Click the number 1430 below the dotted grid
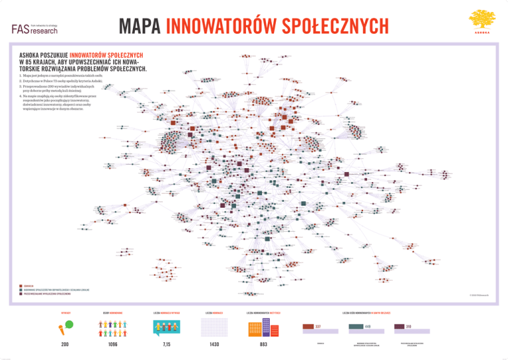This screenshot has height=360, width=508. click(214, 345)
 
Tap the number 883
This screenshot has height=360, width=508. click(263, 345)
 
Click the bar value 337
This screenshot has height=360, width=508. click(317, 327)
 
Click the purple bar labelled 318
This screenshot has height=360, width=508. click(403, 327)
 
